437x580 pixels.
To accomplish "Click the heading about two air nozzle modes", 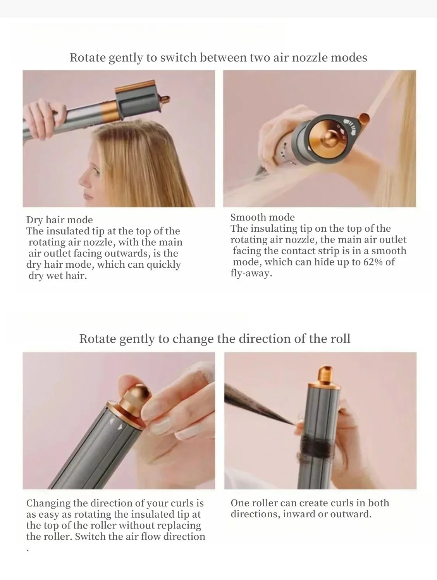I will [x=218, y=58].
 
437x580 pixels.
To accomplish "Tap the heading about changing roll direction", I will [x=215, y=339].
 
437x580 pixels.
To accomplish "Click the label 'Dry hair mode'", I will [x=60, y=220].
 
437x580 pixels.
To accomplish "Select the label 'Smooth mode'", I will [x=262, y=217].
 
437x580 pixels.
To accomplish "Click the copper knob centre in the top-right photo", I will [x=334, y=140].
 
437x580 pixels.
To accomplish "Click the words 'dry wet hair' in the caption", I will [x=57, y=276].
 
